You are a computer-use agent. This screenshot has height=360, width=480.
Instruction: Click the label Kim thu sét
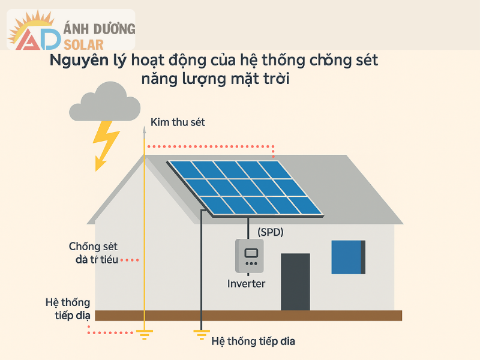[178, 122]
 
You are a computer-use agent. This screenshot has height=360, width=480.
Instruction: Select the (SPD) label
[270, 232]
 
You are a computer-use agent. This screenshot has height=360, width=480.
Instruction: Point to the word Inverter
[246, 284]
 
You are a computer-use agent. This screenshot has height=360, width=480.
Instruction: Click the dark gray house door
[295, 281]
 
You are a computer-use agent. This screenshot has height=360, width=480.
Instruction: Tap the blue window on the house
[349, 257]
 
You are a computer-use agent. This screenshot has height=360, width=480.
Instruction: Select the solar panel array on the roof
[245, 187]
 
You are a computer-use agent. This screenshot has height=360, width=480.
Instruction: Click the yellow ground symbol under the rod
[144, 334]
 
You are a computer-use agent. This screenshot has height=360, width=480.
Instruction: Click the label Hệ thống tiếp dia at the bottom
[254, 341]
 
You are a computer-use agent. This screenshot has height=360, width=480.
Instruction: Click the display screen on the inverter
[251, 252]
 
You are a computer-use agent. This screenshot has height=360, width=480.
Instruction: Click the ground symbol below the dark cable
[202, 334]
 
